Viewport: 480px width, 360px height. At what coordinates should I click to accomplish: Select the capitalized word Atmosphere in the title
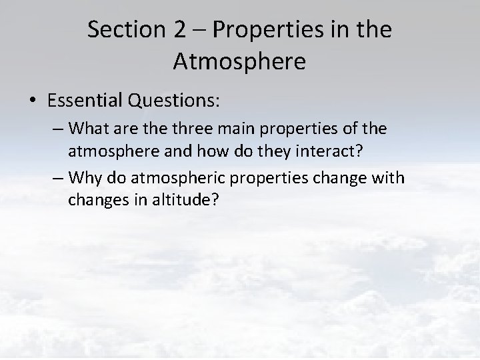tap(239, 61)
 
